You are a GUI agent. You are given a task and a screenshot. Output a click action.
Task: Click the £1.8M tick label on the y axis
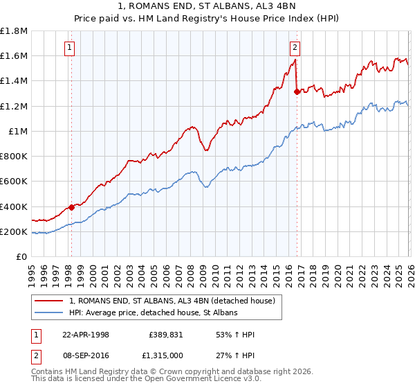15,31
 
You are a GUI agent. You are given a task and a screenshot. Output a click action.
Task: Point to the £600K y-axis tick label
15,182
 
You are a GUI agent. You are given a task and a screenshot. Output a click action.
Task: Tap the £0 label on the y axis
22,257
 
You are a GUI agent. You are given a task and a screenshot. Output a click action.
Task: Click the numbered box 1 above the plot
71,48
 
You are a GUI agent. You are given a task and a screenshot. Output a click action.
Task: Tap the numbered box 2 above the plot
295,48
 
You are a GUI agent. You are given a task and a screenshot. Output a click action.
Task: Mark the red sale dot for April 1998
71,207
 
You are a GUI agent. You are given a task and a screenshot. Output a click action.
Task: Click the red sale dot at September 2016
297,91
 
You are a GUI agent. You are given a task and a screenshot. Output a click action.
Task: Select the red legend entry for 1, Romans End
172,301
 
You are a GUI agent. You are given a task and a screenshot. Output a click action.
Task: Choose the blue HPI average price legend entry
153,313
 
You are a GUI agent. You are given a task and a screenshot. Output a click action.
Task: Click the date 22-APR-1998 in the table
86,335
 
